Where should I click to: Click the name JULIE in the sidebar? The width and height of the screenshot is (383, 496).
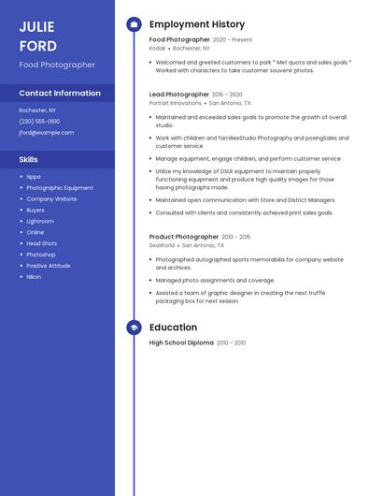(x=36, y=26)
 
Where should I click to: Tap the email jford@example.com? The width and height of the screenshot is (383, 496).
(x=46, y=133)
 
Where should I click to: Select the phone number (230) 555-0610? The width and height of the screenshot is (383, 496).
(x=39, y=122)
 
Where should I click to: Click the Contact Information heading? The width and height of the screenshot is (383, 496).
(x=60, y=94)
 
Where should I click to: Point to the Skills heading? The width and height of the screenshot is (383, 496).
(x=29, y=159)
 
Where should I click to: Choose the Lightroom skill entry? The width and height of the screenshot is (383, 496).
(x=40, y=221)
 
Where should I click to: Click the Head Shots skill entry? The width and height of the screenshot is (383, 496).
(x=41, y=243)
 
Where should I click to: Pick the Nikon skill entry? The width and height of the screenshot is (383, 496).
(x=34, y=277)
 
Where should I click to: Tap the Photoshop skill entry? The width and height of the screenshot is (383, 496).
(x=41, y=255)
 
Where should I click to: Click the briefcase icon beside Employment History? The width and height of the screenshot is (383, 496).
(x=134, y=24)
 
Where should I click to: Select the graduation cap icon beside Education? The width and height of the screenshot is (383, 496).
(x=134, y=328)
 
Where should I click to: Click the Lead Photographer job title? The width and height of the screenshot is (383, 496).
(x=179, y=95)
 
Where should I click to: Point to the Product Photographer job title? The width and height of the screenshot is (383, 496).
(x=184, y=237)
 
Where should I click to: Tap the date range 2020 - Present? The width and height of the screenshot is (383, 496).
(x=233, y=40)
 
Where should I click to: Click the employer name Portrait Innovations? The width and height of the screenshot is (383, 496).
(x=175, y=103)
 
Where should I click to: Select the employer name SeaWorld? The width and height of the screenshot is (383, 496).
(x=162, y=245)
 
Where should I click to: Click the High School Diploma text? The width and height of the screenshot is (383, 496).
(x=181, y=343)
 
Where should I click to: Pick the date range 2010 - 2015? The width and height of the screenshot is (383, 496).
(x=235, y=237)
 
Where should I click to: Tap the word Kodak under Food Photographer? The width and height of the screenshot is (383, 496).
(x=157, y=48)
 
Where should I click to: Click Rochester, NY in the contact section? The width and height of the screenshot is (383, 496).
(x=37, y=110)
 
